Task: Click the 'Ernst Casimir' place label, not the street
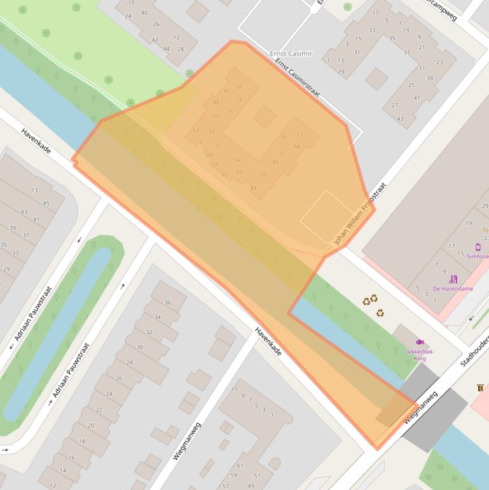pos(291,53)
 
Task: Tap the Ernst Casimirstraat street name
pos(298,78)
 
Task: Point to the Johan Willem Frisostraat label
pos(360,216)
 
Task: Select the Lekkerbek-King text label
pos(420,354)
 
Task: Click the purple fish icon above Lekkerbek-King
pos(420,342)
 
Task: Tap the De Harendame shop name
pos(453,289)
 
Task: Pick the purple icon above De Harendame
pos(453,279)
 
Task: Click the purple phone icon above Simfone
pos(478,247)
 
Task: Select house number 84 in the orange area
pos(254,188)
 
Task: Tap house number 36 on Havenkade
pos(167,302)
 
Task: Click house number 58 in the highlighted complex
pos(238,87)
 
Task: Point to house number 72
pos(299,135)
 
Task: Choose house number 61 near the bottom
pos(240,465)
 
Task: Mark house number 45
pos(46,203)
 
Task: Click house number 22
pos(99,410)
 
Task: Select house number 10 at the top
pos(131,3)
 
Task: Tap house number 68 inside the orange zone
pos(262,174)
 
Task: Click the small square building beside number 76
pos(265,116)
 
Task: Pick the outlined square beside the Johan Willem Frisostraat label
pos(326,216)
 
